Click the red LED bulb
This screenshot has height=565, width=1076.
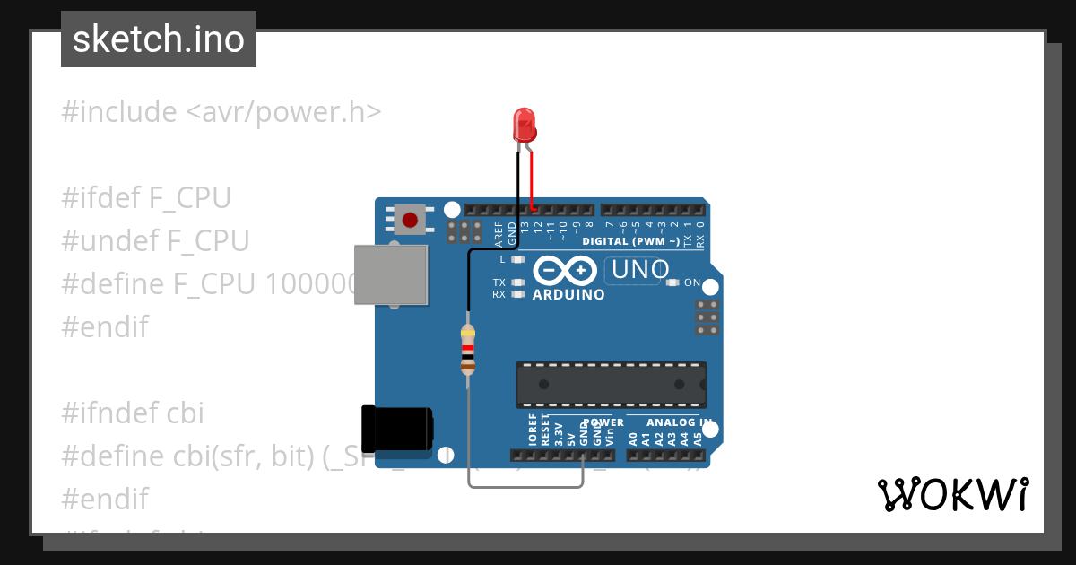point(524,124)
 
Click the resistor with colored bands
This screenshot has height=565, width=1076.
point(467,350)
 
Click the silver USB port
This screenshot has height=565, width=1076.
point(392,274)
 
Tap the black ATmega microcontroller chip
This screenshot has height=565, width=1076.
point(611,384)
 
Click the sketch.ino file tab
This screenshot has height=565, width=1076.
point(159,39)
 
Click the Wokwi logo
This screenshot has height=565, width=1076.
point(952,494)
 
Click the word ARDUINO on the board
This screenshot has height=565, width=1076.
point(568,294)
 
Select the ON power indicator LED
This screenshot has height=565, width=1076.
point(673,282)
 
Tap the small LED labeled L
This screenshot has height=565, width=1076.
point(517,259)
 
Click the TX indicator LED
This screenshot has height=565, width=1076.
point(517,282)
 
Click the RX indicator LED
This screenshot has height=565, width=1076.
point(517,293)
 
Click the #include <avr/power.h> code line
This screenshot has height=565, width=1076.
point(221,112)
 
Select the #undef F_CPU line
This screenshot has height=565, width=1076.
point(155,241)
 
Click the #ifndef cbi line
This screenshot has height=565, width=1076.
point(133,413)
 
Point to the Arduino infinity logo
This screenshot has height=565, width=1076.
point(565,270)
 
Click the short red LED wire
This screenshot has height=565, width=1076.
point(531,179)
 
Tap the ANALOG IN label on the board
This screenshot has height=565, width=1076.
point(679,422)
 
